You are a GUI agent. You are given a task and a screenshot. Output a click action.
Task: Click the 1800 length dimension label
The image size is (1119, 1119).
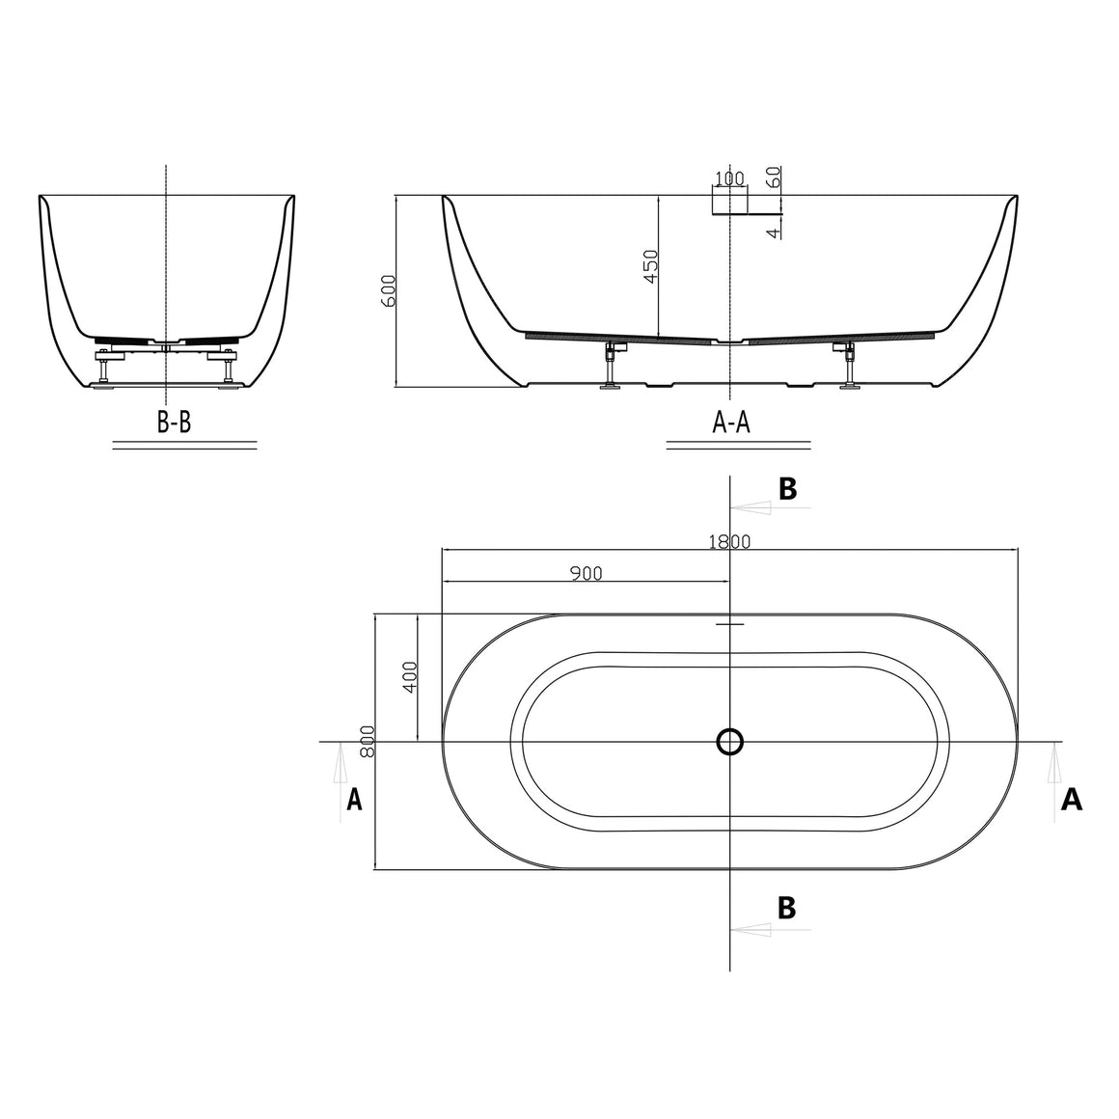coord(729,542)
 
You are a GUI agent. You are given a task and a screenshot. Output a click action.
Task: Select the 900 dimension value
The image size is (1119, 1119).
coord(587,573)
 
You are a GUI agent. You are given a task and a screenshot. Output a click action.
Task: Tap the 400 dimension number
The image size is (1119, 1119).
coord(410,676)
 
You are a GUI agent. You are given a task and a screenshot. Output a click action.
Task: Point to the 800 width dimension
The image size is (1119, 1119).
coord(368,742)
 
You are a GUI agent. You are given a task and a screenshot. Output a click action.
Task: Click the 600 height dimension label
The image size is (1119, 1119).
coord(388,290)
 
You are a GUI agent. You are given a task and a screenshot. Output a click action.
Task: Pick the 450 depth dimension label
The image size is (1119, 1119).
coord(651,266)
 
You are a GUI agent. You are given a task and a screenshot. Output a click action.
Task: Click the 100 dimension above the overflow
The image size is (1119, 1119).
coord(729,177)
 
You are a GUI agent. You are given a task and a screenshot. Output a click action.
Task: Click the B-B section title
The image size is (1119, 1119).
coord(175,423)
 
